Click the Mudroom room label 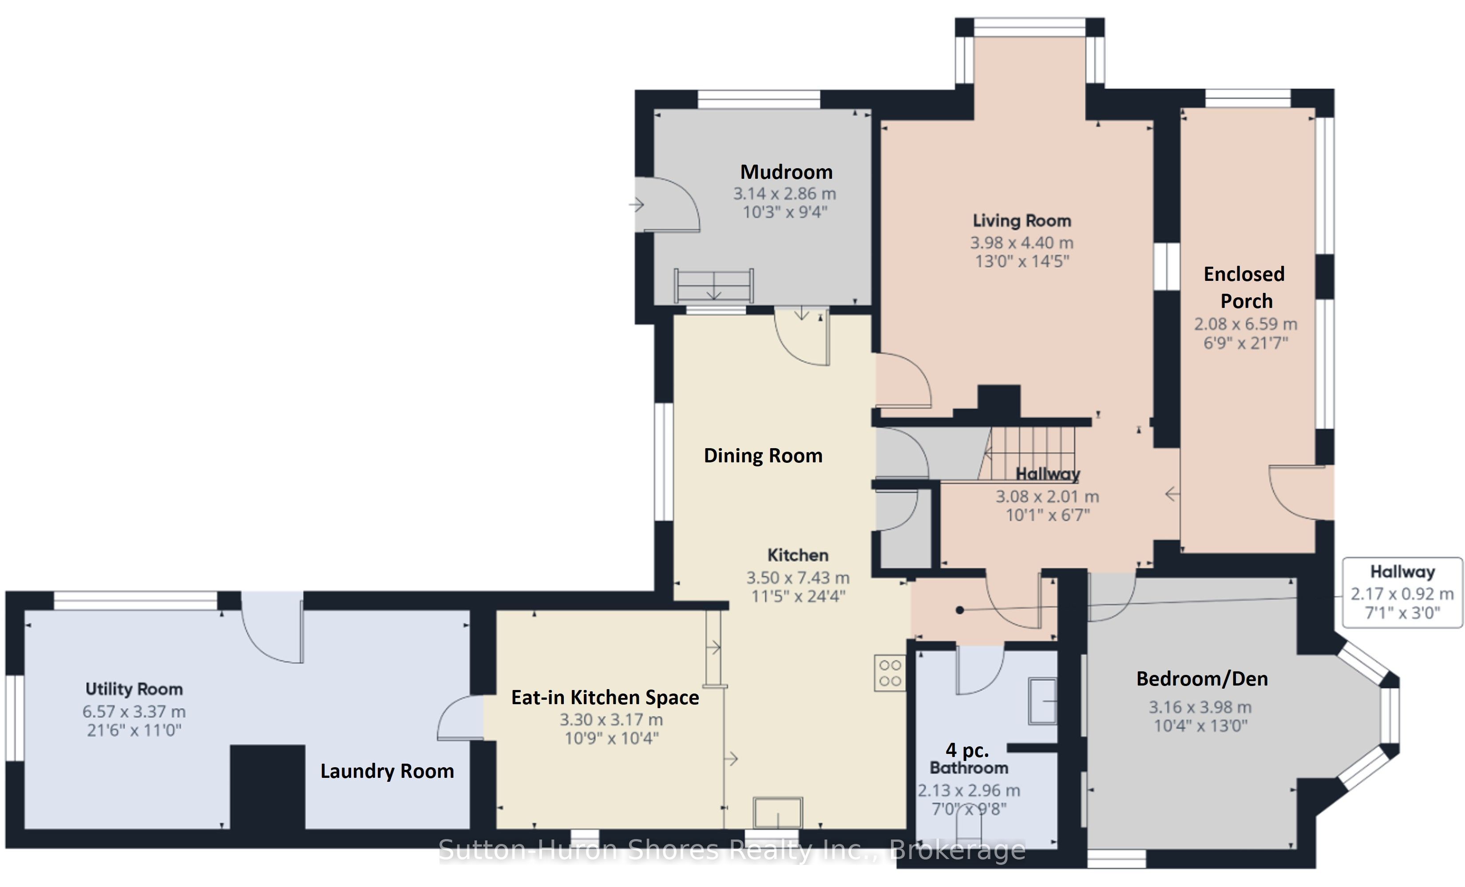(x=786, y=172)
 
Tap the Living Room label (x=1022, y=221)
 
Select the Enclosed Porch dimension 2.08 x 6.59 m (x=1246, y=324)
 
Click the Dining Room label (x=763, y=456)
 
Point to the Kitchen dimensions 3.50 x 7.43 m (x=798, y=577)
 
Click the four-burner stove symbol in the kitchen (x=890, y=673)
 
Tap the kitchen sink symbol (x=778, y=813)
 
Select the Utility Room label (x=134, y=689)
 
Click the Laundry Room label (x=387, y=771)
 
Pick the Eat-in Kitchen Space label (x=605, y=698)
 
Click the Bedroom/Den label (x=1202, y=678)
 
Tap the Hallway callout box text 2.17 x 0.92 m (x=1402, y=594)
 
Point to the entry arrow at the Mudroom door (x=637, y=205)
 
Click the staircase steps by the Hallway (x=1027, y=453)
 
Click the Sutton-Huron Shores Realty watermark (x=732, y=850)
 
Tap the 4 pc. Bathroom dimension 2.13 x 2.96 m (x=969, y=791)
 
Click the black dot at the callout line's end (x=960, y=610)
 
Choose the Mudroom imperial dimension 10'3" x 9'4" (x=785, y=212)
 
